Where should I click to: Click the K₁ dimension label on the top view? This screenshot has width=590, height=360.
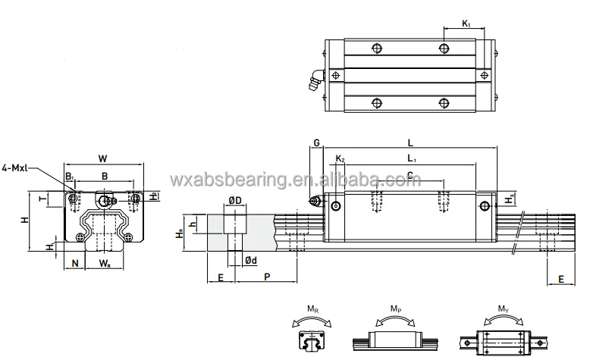click(x=466, y=24)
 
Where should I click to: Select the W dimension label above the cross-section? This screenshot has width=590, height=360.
click(x=102, y=158)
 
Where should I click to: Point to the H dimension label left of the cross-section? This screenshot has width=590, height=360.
click(x=24, y=220)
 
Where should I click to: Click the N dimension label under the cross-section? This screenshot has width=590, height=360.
click(x=74, y=263)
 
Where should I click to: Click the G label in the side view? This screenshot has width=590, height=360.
click(x=316, y=142)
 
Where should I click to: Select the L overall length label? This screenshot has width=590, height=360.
click(x=410, y=142)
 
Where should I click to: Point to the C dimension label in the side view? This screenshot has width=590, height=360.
click(x=410, y=175)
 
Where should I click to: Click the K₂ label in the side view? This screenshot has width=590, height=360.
click(x=340, y=158)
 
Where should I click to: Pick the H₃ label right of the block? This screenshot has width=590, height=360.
click(x=512, y=199)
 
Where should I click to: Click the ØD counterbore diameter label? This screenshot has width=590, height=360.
click(x=235, y=200)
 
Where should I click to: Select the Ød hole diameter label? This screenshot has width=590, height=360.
click(x=250, y=261)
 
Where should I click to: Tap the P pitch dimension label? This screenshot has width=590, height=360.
click(x=268, y=278)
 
